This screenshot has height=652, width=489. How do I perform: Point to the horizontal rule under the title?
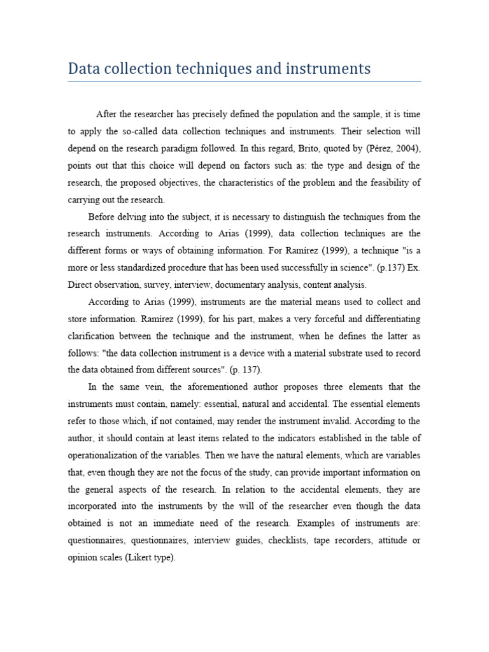click(244, 81)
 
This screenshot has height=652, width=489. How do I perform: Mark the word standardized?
click(146, 267)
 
